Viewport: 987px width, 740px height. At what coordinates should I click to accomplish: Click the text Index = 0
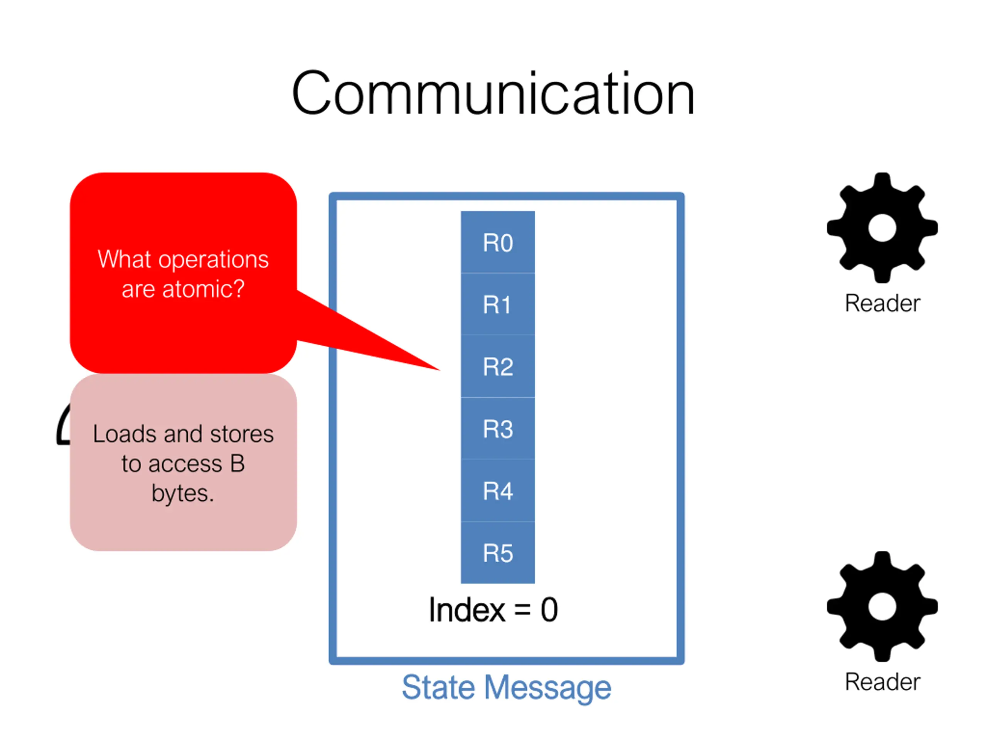pos(493,610)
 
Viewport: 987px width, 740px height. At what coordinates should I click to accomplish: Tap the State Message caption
pos(507,687)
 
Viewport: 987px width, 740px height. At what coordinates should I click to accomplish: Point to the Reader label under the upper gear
pos(882,303)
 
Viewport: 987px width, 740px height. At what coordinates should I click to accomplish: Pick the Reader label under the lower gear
pos(882,681)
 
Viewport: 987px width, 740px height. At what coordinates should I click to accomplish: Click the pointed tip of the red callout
pos(440,370)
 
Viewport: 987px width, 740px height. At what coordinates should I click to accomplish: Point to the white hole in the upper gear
pos(882,227)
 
